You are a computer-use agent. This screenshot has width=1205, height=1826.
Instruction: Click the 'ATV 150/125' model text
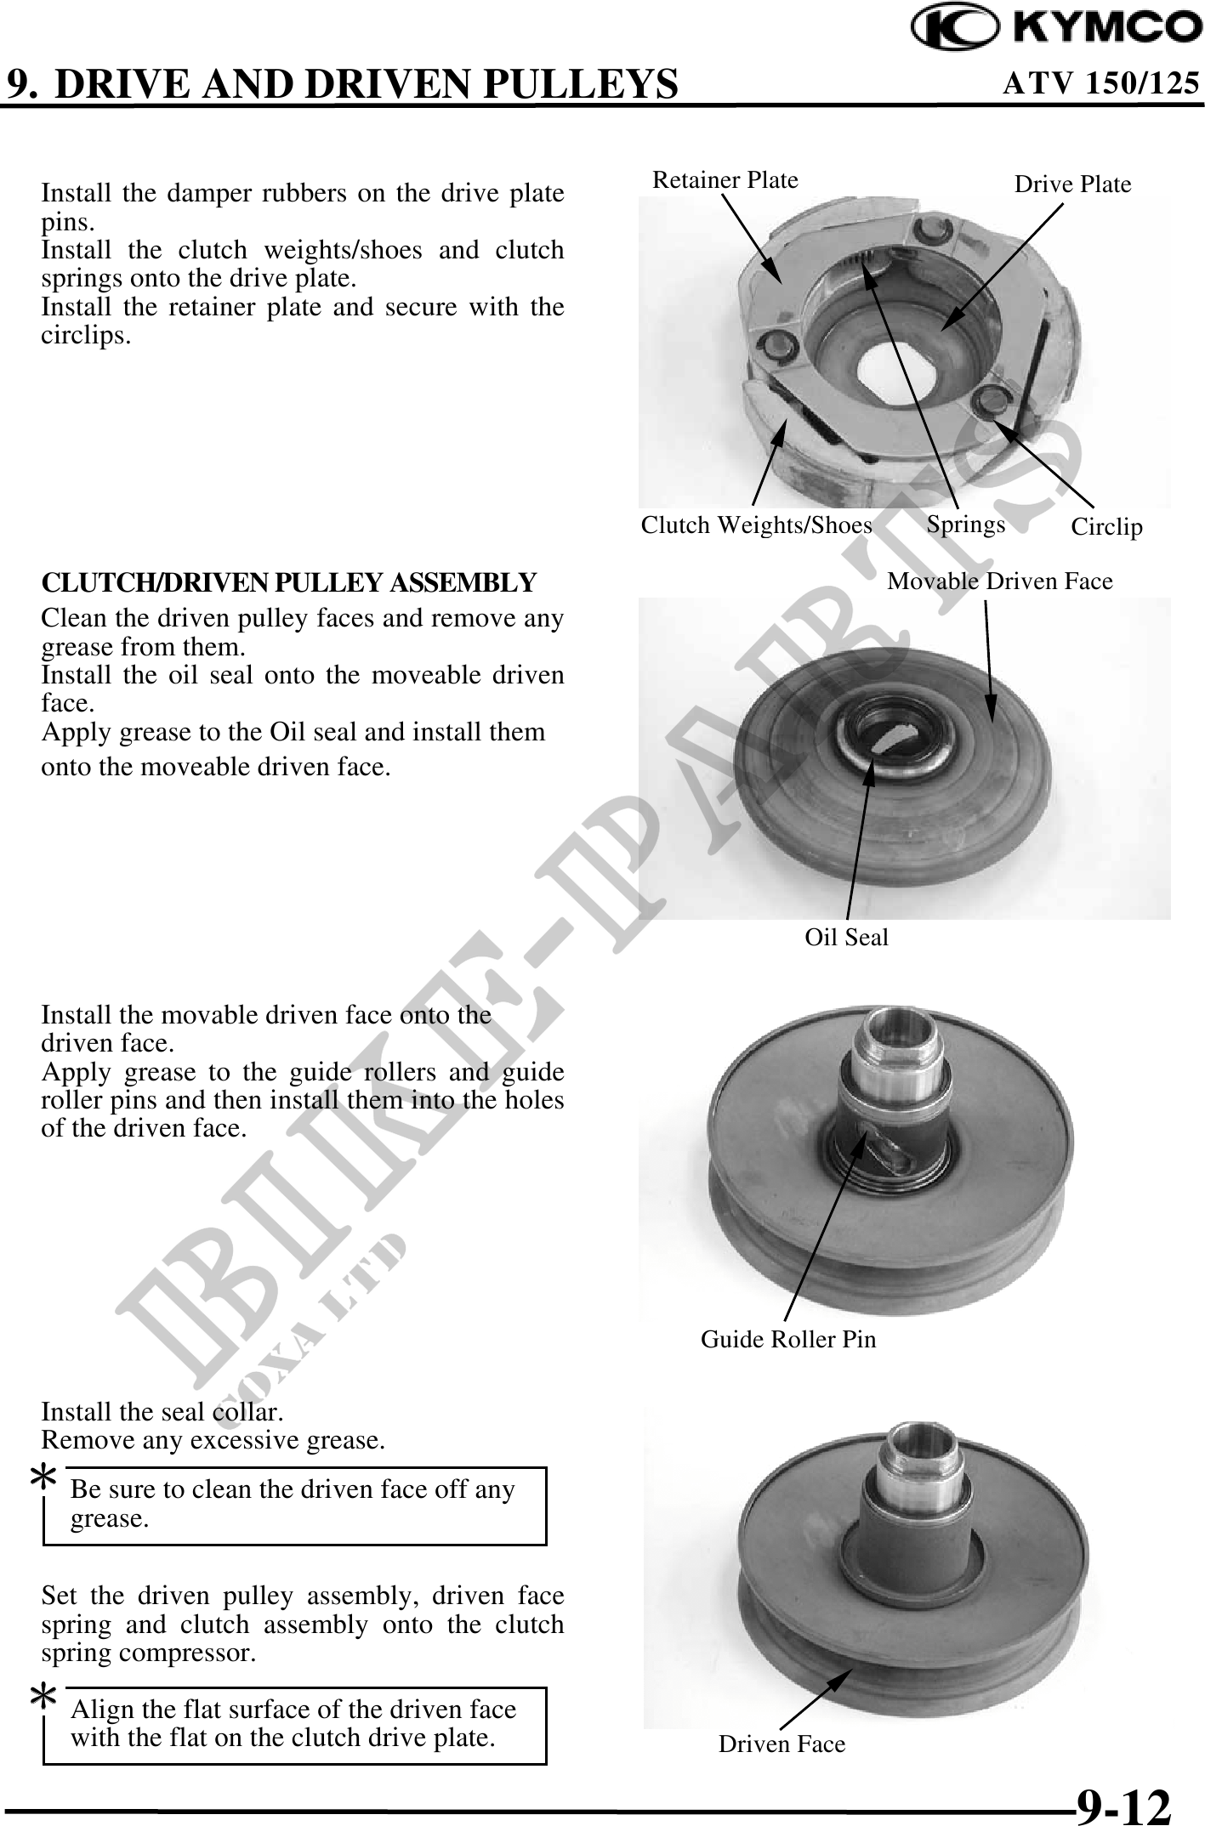[1102, 83]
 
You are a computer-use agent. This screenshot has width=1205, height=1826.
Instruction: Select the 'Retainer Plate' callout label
[725, 179]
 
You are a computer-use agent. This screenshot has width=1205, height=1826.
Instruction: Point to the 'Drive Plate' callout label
[1073, 184]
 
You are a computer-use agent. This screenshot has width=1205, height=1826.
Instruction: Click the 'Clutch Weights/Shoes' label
[757, 525]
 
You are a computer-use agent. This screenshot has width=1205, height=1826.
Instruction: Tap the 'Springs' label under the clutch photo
[966, 524]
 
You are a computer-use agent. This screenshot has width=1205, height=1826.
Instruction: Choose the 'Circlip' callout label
[1107, 527]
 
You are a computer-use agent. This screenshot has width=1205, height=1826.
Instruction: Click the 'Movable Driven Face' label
[1000, 581]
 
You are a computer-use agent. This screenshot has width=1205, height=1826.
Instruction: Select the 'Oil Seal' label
[847, 937]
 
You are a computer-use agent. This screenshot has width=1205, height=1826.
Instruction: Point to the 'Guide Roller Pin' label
[788, 1339]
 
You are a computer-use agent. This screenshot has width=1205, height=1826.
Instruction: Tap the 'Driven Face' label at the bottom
[782, 1744]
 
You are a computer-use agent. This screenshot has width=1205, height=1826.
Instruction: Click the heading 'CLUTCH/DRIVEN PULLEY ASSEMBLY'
[289, 582]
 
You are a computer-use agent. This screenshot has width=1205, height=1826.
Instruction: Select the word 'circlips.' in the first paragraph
[87, 335]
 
